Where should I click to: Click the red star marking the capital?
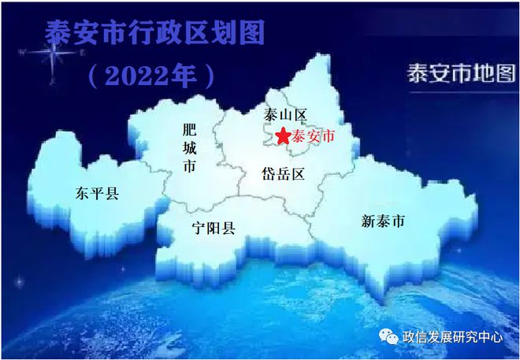pos(283,135)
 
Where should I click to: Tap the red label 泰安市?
pos(313,136)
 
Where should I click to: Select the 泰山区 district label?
pos(285,115)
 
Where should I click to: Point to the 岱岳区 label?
pos(283,174)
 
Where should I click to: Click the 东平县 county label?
pos(97,193)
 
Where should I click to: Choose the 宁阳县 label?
pos(214,228)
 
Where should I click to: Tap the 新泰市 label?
pos(383,221)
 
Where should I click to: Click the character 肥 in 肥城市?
pos(189,130)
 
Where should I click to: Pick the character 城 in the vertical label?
pos(189,148)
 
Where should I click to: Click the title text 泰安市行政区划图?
pos(154,32)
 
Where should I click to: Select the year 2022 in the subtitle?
pos(137,76)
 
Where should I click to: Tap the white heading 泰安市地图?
pos(462,73)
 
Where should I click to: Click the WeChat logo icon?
pos(388,336)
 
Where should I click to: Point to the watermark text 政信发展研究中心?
pos(452,337)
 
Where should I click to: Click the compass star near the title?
pos(53,53)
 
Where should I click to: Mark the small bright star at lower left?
pos(19,282)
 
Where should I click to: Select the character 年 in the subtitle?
pos(184,76)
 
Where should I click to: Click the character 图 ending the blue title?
pos(251,32)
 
